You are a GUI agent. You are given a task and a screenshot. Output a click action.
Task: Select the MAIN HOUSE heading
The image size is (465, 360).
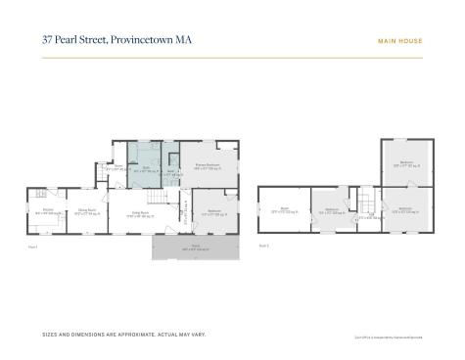[x=399, y=41]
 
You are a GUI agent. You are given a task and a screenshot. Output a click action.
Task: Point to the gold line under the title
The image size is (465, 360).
[x=232, y=58]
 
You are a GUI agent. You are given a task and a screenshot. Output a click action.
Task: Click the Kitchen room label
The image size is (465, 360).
[x=47, y=210]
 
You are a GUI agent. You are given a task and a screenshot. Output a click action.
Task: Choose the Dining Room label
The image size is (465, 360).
[x=87, y=210]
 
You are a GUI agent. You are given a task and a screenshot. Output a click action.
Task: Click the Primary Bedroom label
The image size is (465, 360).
[x=207, y=166]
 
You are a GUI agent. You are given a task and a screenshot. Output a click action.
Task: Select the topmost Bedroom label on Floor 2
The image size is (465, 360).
[x=404, y=164]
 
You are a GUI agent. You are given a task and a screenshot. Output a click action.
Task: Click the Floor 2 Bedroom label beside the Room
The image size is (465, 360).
[x=331, y=209]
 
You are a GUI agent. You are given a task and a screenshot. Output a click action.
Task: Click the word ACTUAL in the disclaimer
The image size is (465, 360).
[x=171, y=335]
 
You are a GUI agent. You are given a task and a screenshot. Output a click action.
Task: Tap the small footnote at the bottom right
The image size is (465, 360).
[x=389, y=337]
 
